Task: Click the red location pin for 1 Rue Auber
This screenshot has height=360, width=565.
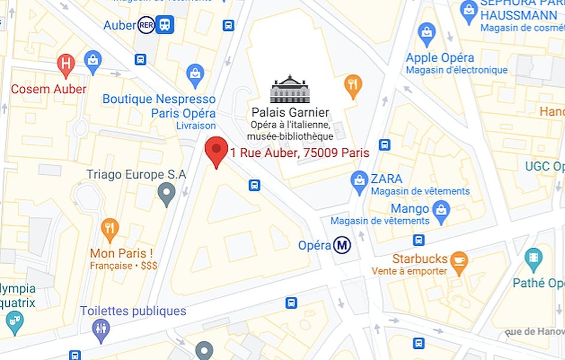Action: pyautogui.click(x=216, y=149)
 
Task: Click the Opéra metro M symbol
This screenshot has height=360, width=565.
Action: pyautogui.click(x=342, y=245)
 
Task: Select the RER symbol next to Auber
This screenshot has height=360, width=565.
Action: pyautogui.click(x=146, y=25)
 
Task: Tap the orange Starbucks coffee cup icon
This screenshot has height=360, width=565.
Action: pyautogui.click(x=459, y=261)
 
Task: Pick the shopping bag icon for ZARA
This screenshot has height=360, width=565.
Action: pyautogui.click(x=359, y=180)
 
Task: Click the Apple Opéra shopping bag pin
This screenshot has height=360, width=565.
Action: pyautogui.click(x=427, y=33)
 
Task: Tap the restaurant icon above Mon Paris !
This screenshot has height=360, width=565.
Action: pyautogui.click(x=110, y=228)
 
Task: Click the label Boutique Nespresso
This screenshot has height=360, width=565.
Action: pyautogui.click(x=159, y=99)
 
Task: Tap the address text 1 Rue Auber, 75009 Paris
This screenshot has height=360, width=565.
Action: pyautogui.click(x=300, y=153)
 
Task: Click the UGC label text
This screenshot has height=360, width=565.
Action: pyautogui.click(x=544, y=167)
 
